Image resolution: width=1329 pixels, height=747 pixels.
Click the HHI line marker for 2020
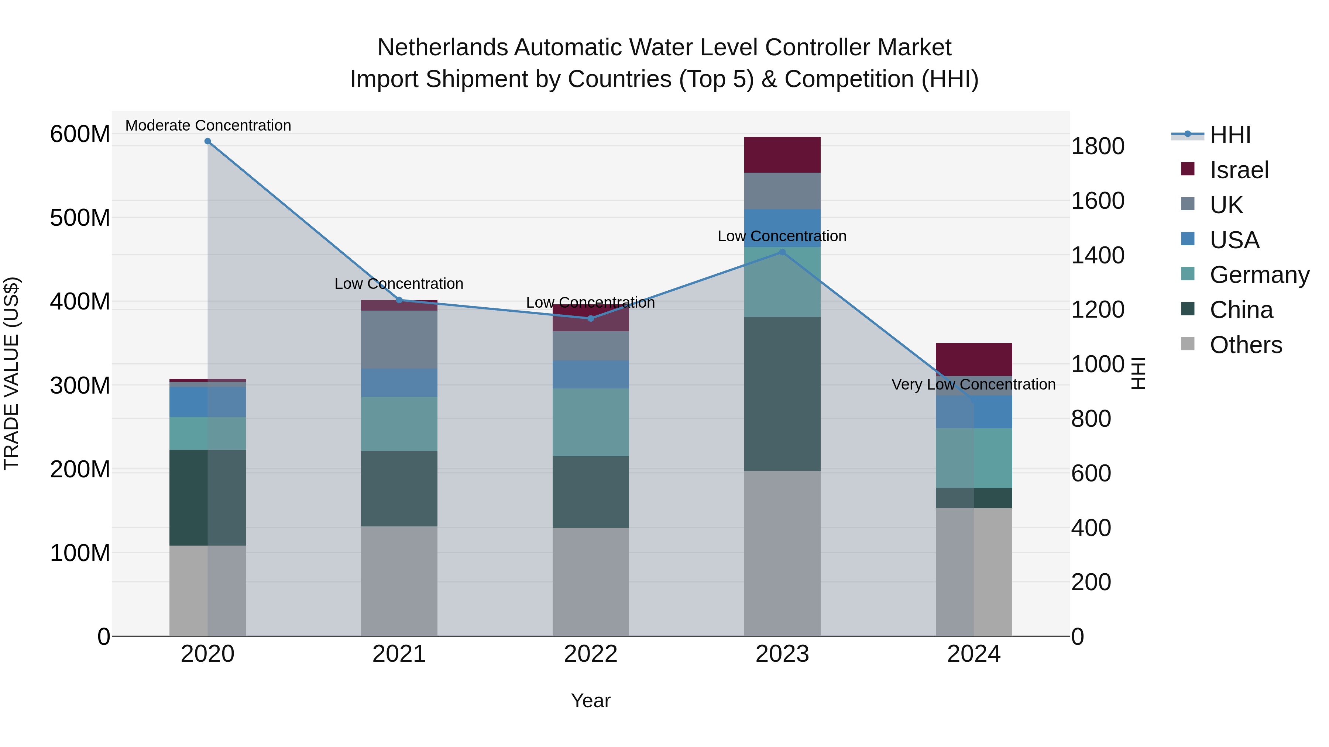[x=207, y=141]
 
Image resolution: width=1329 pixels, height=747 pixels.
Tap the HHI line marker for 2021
[x=399, y=300]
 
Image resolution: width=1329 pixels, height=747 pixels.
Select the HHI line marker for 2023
[x=782, y=252]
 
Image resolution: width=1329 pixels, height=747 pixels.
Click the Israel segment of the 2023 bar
[x=782, y=155]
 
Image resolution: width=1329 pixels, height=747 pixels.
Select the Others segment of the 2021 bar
[x=399, y=581]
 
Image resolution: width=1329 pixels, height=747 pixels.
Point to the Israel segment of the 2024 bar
[x=973, y=359]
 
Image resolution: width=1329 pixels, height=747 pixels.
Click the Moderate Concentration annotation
[x=208, y=125]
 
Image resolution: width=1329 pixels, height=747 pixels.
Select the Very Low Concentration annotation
[x=973, y=384]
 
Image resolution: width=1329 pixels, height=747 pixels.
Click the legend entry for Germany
[x=1259, y=275]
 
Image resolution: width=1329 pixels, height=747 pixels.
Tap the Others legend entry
[x=1246, y=345]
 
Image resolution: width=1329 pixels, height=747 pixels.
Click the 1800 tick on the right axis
[x=1098, y=146]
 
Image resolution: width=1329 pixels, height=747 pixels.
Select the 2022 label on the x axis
[x=591, y=654]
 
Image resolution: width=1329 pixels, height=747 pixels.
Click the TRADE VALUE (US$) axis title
[x=11, y=373]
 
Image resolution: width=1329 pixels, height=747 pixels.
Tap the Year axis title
[x=591, y=701]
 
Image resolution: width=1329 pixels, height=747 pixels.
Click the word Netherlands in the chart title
[x=442, y=48]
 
